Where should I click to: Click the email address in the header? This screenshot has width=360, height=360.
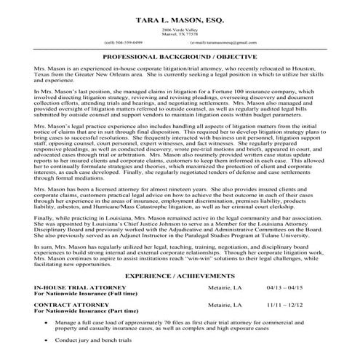click(230, 42)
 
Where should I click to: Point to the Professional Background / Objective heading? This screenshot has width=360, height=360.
click(180, 56)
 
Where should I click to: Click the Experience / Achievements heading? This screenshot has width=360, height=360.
click(180, 277)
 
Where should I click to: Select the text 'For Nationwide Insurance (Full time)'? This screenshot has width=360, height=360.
click(81, 295)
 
